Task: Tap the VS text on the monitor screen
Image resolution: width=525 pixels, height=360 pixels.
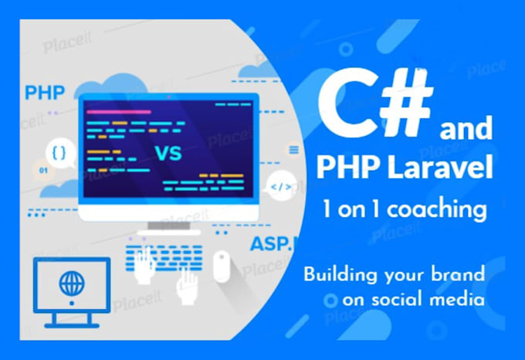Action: click(169, 152)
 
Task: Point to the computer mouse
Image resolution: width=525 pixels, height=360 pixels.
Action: click(222, 265)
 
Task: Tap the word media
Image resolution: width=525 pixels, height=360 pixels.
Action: click(459, 298)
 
